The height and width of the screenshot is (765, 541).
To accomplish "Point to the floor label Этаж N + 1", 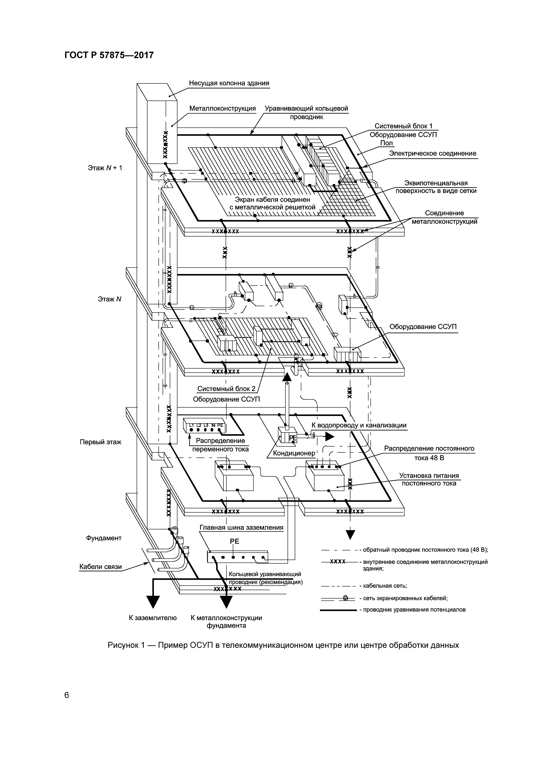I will pyautogui.click(x=105, y=168).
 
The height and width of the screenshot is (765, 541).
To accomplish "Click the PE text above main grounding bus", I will pyautogui.click(x=235, y=541).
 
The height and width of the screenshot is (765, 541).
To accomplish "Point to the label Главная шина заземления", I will pyautogui.click(x=241, y=527).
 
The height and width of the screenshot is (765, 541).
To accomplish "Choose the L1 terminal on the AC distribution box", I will pyautogui.click(x=191, y=425).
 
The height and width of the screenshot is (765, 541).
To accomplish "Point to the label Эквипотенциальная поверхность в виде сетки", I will pyautogui.click(x=436, y=187).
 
